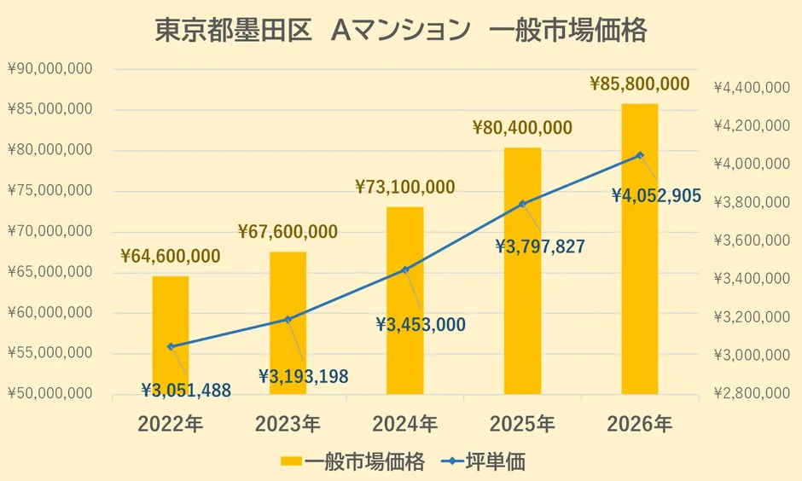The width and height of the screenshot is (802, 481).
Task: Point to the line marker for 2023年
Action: pyautogui.click(x=288, y=320)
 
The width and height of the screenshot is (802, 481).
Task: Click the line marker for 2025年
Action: pyautogui.click(x=522, y=204)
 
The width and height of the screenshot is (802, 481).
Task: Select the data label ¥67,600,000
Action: pyautogui.click(x=288, y=231)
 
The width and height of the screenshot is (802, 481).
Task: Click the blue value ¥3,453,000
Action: pyautogui.click(x=421, y=324)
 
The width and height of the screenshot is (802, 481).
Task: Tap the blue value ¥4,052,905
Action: pyautogui.click(x=656, y=195)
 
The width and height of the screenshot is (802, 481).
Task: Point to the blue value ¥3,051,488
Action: pyautogui.click(x=186, y=390)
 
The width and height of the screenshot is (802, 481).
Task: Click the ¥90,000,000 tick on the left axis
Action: pyautogui.click(x=50, y=69)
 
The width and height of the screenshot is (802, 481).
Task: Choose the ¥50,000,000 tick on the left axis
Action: pyautogui.click(x=50, y=394)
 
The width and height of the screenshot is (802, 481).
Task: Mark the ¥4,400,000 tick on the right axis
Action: pyautogui.click(x=751, y=87)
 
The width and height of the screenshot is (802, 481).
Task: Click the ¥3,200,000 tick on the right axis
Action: pyautogui.click(x=751, y=317)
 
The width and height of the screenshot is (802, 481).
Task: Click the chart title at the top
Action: pyautogui.click(x=400, y=31)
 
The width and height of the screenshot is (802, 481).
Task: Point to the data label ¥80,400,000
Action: pyautogui.click(x=522, y=128)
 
